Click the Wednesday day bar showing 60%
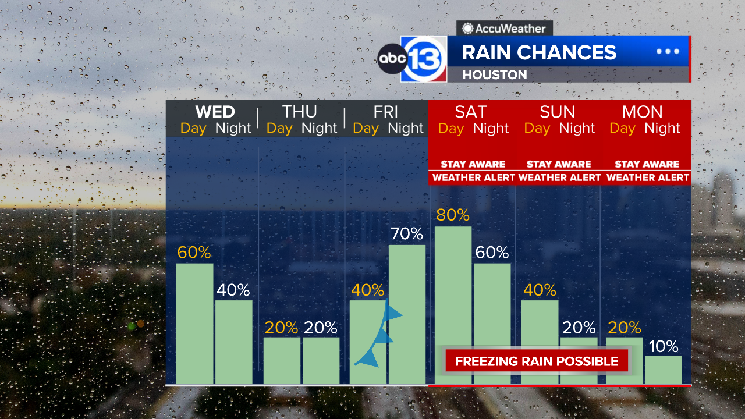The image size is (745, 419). pos(194,324)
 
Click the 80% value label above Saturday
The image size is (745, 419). pos(453,215)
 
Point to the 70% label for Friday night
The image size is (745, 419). pos(407,234)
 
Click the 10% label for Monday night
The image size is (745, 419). pos(664,347)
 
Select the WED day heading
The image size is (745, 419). pos(215,112)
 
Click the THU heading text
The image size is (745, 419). pos(299,112)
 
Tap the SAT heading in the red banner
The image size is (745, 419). pos(471,112)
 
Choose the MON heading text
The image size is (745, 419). pos(643,112)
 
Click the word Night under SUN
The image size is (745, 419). pos(577,129)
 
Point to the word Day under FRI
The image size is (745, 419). pos(366,129)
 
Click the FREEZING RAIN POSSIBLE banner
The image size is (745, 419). pos(536,361)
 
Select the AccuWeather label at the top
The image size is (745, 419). pos(504,29)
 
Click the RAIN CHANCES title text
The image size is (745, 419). pos(539,52)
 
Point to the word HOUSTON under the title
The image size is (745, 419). pos(495,74)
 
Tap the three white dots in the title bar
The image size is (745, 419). pos(668,51)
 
